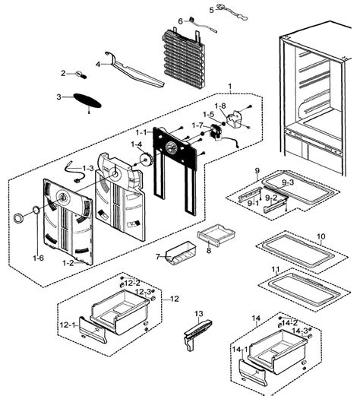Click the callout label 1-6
(x=38, y=258)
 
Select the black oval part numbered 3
(x=87, y=100)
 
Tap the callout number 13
(x=199, y=314)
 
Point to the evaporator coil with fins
(x=183, y=58)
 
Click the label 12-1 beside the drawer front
(x=67, y=325)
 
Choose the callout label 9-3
(x=288, y=182)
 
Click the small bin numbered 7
(x=182, y=253)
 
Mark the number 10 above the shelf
(x=321, y=236)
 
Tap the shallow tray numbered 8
(x=216, y=235)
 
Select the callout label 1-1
(x=141, y=132)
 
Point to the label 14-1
(x=240, y=350)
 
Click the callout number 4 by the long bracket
(x=98, y=65)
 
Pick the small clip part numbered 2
(x=81, y=75)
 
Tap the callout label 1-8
(x=220, y=106)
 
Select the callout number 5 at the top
(x=212, y=10)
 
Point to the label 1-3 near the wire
(x=88, y=168)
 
